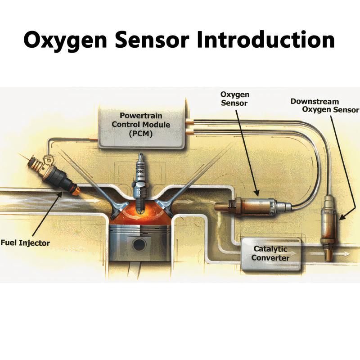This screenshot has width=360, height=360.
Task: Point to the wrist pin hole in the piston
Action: pos(139,246)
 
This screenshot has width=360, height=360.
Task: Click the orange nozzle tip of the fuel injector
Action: pos(76,192)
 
